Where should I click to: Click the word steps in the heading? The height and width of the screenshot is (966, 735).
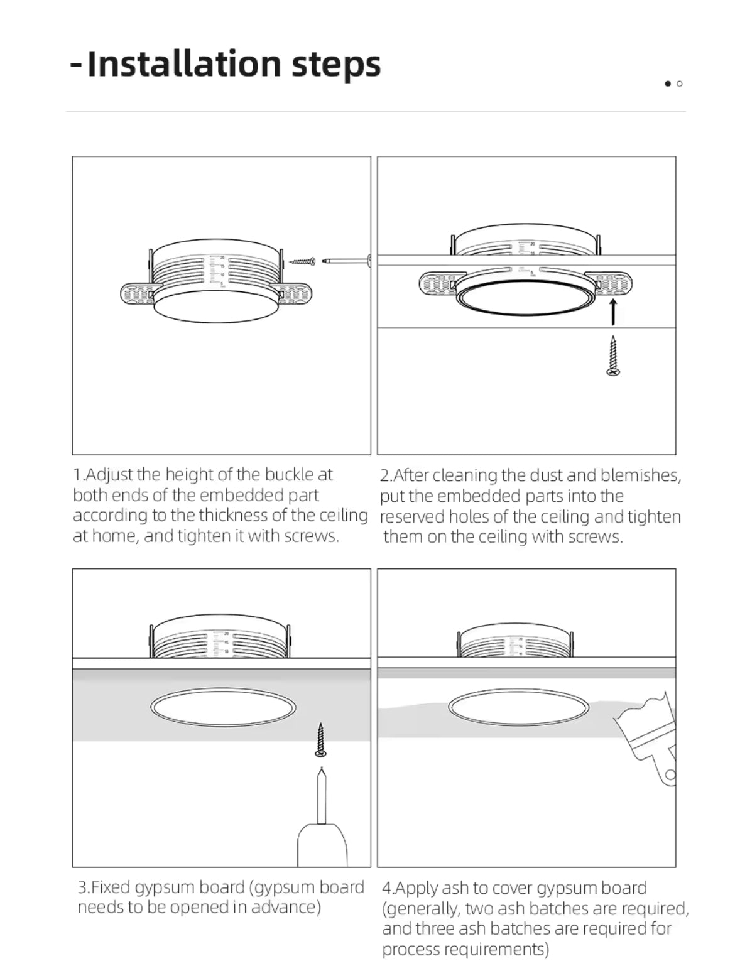(x=336, y=65)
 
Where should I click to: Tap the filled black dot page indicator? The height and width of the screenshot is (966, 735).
(x=668, y=84)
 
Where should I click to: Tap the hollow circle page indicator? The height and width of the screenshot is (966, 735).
(x=679, y=84)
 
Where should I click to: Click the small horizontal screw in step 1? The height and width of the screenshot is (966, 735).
(x=303, y=261)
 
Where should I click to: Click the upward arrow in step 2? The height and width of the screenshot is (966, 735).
(x=614, y=312)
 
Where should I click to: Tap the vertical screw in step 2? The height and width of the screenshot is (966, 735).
(x=613, y=355)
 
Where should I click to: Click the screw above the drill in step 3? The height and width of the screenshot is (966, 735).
(x=321, y=739)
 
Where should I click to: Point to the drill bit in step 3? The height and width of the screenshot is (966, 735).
(x=322, y=795)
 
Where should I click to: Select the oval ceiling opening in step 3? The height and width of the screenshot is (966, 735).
(x=223, y=707)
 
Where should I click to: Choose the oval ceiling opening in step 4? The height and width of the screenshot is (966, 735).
(x=521, y=708)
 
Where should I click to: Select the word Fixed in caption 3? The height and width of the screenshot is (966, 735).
(x=111, y=887)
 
